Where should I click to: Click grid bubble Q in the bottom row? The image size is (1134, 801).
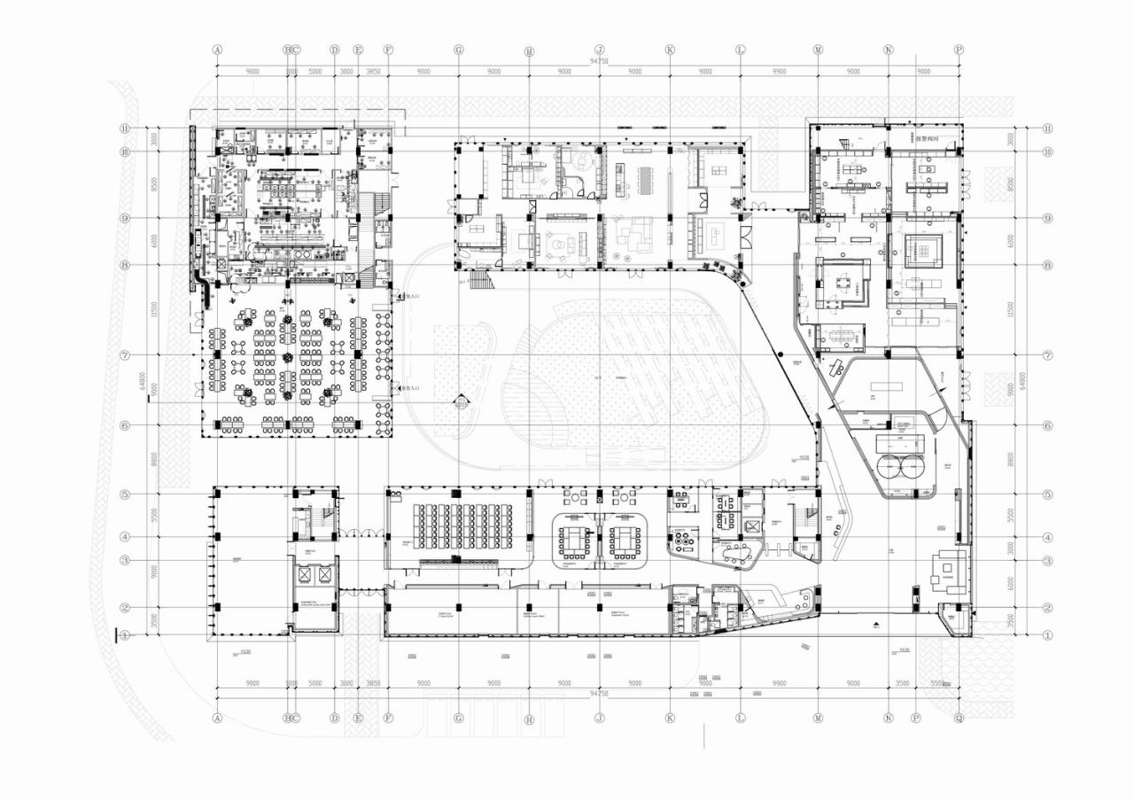959,719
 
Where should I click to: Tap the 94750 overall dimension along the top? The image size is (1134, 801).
600,61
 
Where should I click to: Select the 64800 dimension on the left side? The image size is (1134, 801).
142,381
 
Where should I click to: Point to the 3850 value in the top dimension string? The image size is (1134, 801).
373,72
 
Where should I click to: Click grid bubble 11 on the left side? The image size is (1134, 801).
126,128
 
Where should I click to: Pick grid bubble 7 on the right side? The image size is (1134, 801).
1048,355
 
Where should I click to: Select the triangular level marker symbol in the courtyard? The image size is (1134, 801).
460,401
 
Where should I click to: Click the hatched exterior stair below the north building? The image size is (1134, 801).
479,280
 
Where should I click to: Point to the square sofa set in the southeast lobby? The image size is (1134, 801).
950,567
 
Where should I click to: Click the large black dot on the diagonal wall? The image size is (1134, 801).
781,354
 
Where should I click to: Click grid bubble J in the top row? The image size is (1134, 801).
600,50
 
